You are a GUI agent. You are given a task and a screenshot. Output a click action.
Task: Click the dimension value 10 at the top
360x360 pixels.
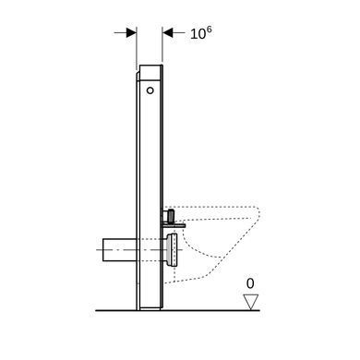point(198,34)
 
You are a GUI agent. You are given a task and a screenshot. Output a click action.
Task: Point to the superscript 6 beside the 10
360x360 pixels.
point(209,30)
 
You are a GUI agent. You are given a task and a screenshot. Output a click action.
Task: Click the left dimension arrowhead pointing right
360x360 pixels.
point(131,32)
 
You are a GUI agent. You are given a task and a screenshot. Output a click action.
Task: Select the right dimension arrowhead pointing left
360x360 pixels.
point(168,32)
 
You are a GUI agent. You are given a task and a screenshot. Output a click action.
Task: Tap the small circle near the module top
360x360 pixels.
point(150,90)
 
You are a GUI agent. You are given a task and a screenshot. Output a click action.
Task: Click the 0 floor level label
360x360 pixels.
point(250,283)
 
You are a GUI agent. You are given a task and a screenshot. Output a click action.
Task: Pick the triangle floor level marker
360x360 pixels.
point(250,302)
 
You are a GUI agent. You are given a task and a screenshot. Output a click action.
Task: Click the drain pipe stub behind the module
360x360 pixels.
point(119,249)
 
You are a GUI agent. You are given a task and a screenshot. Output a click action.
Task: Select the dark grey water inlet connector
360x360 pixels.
point(170,215)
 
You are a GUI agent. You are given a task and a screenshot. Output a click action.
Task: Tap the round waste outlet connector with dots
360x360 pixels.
point(173,250)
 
